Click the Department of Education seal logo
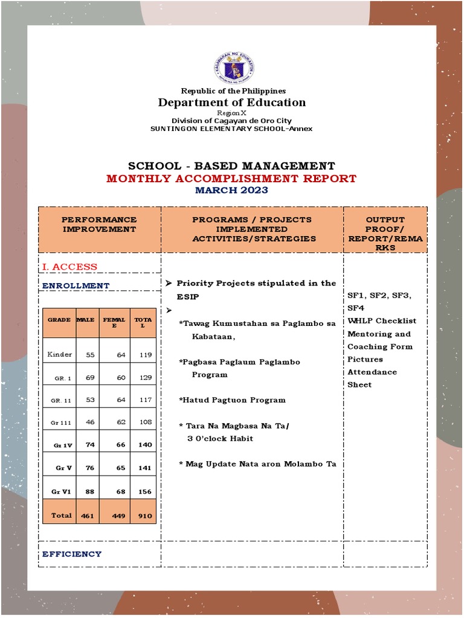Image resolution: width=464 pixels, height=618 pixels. (x=233, y=67)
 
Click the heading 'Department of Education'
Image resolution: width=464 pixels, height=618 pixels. (x=232, y=103)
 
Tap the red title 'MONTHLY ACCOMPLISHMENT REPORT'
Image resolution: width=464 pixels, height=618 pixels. (x=231, y=179)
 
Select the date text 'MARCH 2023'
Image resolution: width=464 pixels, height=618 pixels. (x=231, y=191)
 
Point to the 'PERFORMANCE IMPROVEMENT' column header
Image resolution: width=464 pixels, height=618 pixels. (x=100, y=225)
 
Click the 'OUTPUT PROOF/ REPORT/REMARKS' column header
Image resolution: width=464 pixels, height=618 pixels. (x=385, y=234)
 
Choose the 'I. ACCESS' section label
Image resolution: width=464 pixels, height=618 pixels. (x=69, y=267)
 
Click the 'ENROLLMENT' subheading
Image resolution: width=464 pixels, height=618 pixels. (x=76, y=285)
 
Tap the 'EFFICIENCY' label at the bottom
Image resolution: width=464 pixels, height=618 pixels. (x=72, y=554)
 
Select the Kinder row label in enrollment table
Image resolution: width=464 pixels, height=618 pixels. (x=59, y=354)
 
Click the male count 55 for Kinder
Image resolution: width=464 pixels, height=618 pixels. (x=90, y=355)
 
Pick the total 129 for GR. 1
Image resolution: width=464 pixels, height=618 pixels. (x=144, y=378)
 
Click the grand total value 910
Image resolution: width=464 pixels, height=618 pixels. (x=144, y=516)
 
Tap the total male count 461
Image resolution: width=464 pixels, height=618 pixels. (x=88, y=516)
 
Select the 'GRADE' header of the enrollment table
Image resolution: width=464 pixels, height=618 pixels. (x=59, y=320)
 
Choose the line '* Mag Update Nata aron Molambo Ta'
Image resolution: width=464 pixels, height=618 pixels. (x=257, y=464)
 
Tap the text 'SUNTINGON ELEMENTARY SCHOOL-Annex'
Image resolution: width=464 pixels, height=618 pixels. (x=231, y=129)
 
